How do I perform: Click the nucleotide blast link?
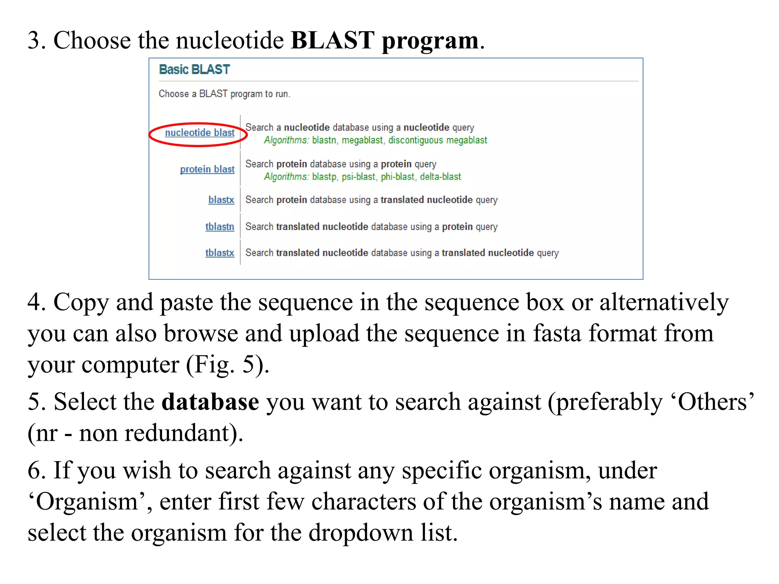pyautogui.click(x=200, y=133)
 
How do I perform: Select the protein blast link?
pyautogui.click(x=207, y=169)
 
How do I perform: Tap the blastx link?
pyautogui.click(x=221, y=200)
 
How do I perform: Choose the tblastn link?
pyautogui.click(x=219, y=227)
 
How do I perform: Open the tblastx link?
pyautogui.click(x=219, y=253)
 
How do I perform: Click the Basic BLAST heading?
pyautogui.click(x=194, y=70)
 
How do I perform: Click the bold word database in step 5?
pyautogui.click(x=210, y=402)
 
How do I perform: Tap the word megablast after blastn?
pyautogui.click(x=362, y=140)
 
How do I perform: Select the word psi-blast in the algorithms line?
pyautogui.click(x=358, y=177)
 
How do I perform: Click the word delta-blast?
pyautogui.click(x=440, y=177)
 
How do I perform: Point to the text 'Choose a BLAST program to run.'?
pyautogui.click(x=224, y=94)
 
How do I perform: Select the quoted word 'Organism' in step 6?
pyautogui.click(x=87, y=502)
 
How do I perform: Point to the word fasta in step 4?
pyautogui.click(x=557, y=334)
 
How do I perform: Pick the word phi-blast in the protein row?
pyautogui.click(x=397, y=177)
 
